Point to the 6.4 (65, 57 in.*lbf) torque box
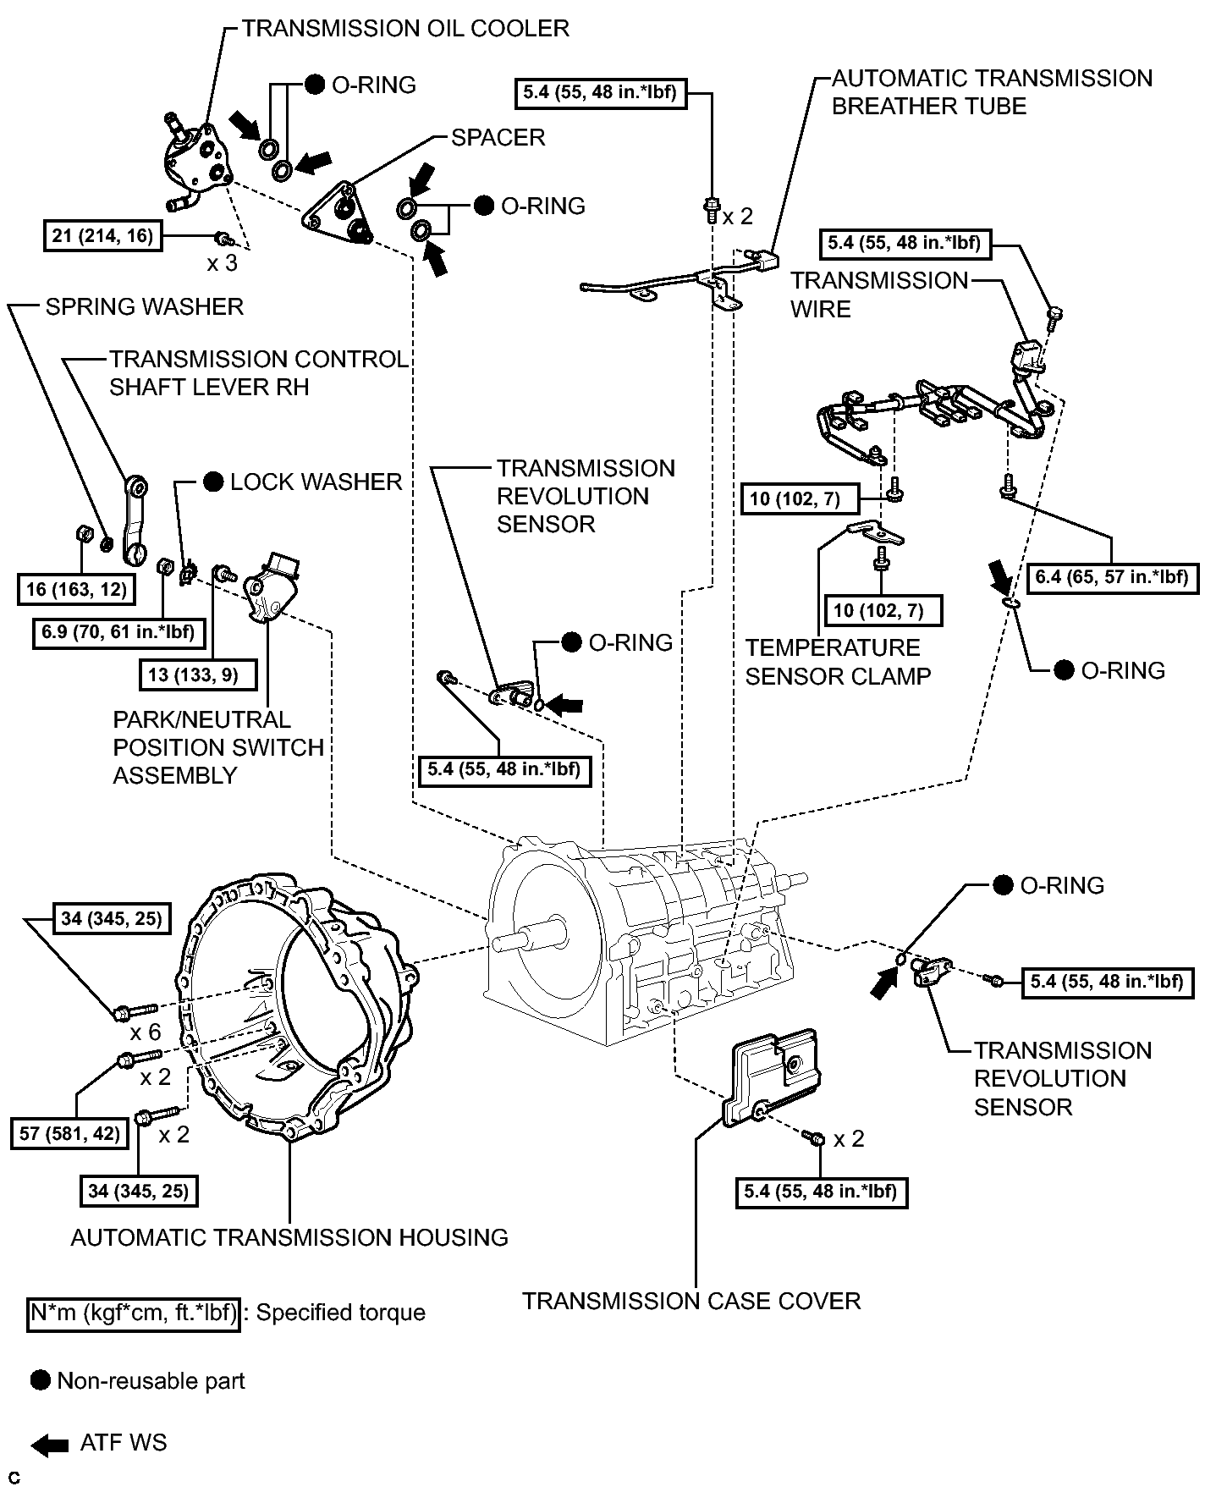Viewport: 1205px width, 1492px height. click(x=1112, y=579)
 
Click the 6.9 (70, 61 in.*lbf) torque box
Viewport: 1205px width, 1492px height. click(x=118, y=631)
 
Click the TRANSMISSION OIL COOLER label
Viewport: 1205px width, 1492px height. click(x=405, y=29)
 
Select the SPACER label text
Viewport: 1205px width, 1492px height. click(x=498, y=137)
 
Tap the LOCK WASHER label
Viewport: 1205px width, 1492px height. click(x=316, y=482)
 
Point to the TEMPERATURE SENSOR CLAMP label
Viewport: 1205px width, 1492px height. click(x=838, y=662)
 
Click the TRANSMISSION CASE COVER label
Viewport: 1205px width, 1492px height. click(x=691, y=1301)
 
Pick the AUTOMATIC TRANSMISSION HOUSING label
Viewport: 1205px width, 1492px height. click(x=289, y=1237)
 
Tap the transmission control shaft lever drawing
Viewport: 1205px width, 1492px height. click(x=135, y=520)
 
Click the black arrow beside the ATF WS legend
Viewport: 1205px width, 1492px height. click(x=49, y=1446)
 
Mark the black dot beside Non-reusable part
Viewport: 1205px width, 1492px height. click(x=41, y=1380)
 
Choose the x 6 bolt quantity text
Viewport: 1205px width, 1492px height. click(x=146, y=1032)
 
